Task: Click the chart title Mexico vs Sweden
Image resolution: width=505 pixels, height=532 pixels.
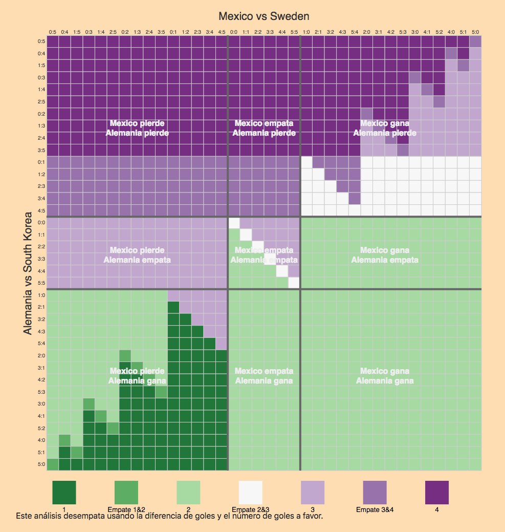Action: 264,17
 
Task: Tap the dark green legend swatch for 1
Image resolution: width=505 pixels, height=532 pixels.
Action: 64,493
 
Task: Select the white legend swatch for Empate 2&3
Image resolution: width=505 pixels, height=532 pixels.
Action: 251,493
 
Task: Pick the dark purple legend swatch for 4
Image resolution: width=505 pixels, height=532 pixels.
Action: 437,493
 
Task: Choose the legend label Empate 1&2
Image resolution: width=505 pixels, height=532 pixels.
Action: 126,509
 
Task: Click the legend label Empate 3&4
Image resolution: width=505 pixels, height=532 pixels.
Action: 375,509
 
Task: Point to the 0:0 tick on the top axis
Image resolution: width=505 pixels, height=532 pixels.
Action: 234,32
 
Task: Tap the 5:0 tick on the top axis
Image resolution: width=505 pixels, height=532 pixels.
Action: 475,32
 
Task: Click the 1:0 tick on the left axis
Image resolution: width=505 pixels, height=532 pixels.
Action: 41,295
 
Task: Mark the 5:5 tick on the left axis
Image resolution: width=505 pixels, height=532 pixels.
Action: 41,283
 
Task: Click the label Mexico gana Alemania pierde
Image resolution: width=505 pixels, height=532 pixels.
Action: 385,128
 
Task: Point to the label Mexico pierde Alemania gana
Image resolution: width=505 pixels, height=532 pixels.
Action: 137,376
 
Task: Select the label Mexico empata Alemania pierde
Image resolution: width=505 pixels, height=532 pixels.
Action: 264,128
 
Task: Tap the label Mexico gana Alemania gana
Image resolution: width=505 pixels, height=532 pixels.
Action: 385,376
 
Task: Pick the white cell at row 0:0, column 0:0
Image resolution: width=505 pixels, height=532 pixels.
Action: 234,223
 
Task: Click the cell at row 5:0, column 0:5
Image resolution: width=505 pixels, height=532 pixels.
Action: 53,464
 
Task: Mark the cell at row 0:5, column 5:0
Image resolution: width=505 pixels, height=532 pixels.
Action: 475,41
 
